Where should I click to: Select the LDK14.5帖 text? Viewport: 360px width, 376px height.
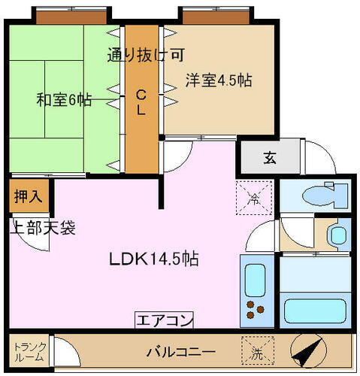coord(155,259)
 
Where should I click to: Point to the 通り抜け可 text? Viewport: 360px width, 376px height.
coord(147,54)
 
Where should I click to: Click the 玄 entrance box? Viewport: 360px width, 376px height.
coord(269,158)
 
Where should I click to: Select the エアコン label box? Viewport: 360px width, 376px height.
coord(163,320)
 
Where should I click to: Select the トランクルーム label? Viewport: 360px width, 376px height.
coord(29,352)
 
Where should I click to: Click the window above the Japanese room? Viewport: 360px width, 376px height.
coord(59,14)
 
